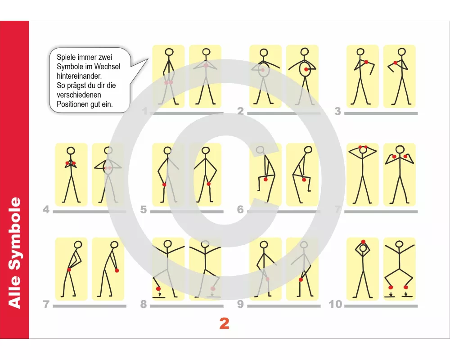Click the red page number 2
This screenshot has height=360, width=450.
225,323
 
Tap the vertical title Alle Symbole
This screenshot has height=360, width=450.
14,252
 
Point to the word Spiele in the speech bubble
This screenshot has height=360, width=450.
65,58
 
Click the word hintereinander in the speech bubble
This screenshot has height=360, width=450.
79,76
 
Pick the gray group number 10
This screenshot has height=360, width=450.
335,304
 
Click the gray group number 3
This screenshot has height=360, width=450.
338,111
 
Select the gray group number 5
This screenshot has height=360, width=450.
144,210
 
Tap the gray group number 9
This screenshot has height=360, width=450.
240,304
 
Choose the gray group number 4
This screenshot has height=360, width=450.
46,210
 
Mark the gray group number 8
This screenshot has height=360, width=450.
144,304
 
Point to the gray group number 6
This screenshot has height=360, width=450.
240,210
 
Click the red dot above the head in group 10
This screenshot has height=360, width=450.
363,242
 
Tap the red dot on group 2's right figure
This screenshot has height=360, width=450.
306,69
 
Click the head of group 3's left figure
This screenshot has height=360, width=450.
360,52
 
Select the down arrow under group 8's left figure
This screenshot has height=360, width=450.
160,294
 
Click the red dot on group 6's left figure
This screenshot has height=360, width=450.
265,180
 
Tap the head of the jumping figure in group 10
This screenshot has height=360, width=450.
399,244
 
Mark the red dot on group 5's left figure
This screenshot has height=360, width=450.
164,184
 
